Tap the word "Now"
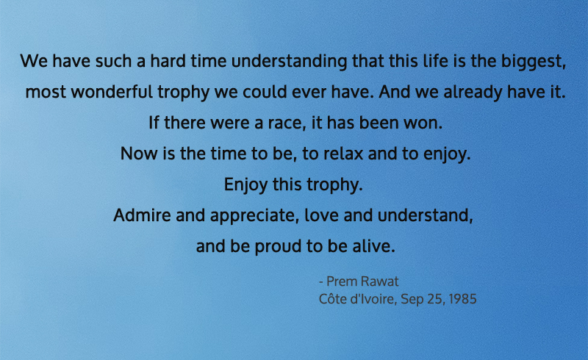coord(136,155)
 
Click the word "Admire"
coord(140,217)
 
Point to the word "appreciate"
coord(241,217)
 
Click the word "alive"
coord(375,248)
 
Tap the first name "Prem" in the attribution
coord(343,283)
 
